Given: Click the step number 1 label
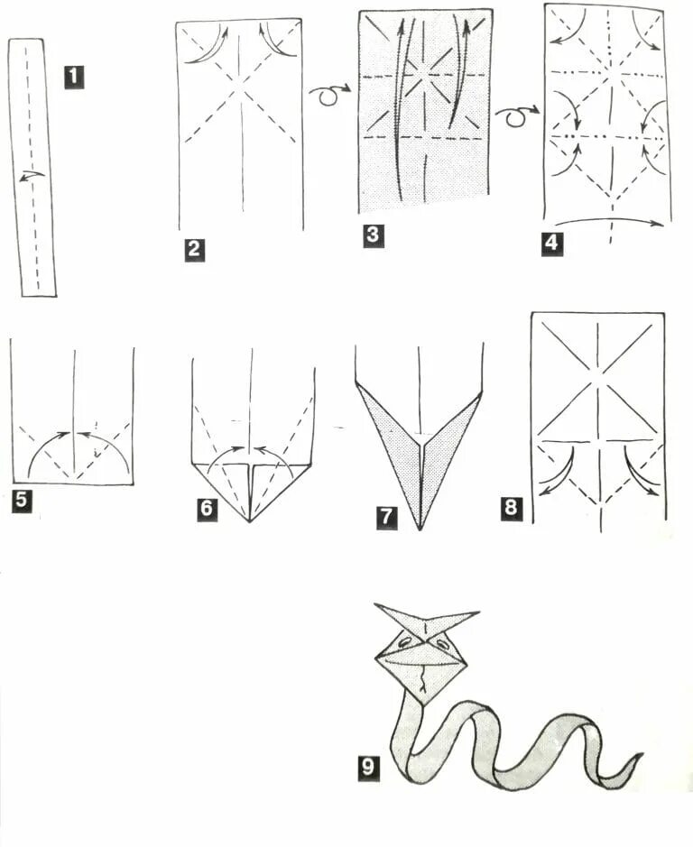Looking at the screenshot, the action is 74,77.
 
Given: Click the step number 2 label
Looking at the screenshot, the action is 194,250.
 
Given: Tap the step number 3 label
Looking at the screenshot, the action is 373,235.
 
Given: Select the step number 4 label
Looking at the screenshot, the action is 550,243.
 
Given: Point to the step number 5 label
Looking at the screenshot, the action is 21,500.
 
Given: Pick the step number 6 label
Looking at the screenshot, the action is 207,509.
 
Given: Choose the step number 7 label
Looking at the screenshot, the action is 386,518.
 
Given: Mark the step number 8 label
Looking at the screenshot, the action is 511,508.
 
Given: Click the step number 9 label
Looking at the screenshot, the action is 368,767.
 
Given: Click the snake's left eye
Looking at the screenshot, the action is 404,642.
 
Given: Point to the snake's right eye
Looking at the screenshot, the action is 443,644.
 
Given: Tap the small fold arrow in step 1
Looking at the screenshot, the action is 32,176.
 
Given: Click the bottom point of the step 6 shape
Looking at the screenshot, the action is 250,521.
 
